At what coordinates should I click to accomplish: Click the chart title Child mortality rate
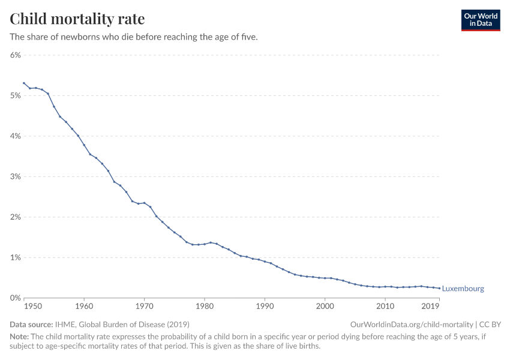(77, 19)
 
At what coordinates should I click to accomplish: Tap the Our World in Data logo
(480, 20)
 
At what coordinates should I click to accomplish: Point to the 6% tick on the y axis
(15, 55)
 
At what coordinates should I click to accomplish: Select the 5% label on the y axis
(15, 95)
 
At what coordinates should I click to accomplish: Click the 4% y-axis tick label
(15, 136)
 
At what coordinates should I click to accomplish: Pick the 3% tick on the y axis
(15, 176)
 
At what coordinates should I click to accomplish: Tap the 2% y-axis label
(15, 217)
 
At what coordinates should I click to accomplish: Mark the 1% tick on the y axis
(15, 257)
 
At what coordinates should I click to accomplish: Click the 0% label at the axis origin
(15, 298)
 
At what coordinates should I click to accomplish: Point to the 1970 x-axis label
(144, 306)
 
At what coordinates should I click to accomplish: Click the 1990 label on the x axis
(265, 306)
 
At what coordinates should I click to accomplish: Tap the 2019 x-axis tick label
(430, 306)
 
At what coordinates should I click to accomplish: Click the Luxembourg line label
(463, 289)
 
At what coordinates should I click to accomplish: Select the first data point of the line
(24, 83)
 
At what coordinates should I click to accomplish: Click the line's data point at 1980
(205, 244)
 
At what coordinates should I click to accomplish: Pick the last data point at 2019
(439, 288)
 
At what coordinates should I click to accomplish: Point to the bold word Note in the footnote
(20, 337)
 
